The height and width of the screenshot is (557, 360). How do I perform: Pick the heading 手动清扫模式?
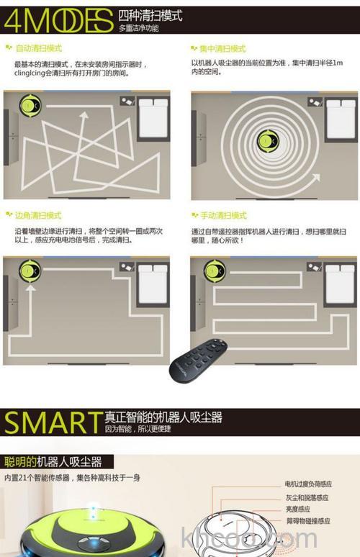[x=223, y=215]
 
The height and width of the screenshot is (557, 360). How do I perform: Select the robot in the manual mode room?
[x=215, y=271]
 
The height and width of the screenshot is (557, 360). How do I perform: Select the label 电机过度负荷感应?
[x=308, y=484]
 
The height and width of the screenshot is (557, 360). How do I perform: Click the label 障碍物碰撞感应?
[x=307, y=520]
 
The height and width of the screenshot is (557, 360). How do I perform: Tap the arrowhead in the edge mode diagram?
[x=30, y=287]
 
